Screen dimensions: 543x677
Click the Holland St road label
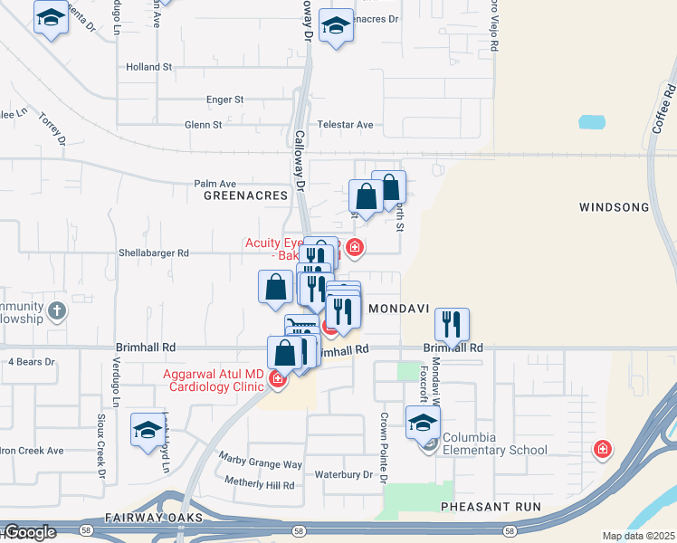tap(149, 67)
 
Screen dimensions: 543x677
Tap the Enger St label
tap(225, 100)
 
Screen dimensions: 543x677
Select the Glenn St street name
tap(204, 125)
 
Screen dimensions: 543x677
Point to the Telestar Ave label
tap(345, 125)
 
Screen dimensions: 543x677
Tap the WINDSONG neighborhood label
tap(614, 207)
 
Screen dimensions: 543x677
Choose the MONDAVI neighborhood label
tap(397, 308)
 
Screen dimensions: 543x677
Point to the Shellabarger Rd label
tap(154, 254)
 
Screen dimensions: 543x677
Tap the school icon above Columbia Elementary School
tap(423, 422)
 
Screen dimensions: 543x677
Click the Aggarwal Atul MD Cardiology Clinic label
tap(214, 381)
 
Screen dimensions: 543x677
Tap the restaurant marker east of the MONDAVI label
tap(451, 323)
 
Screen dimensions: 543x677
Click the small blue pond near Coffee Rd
tap(592, 121)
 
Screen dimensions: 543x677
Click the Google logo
tap(30, 532)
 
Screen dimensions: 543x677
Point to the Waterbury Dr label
tap(344, 475)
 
